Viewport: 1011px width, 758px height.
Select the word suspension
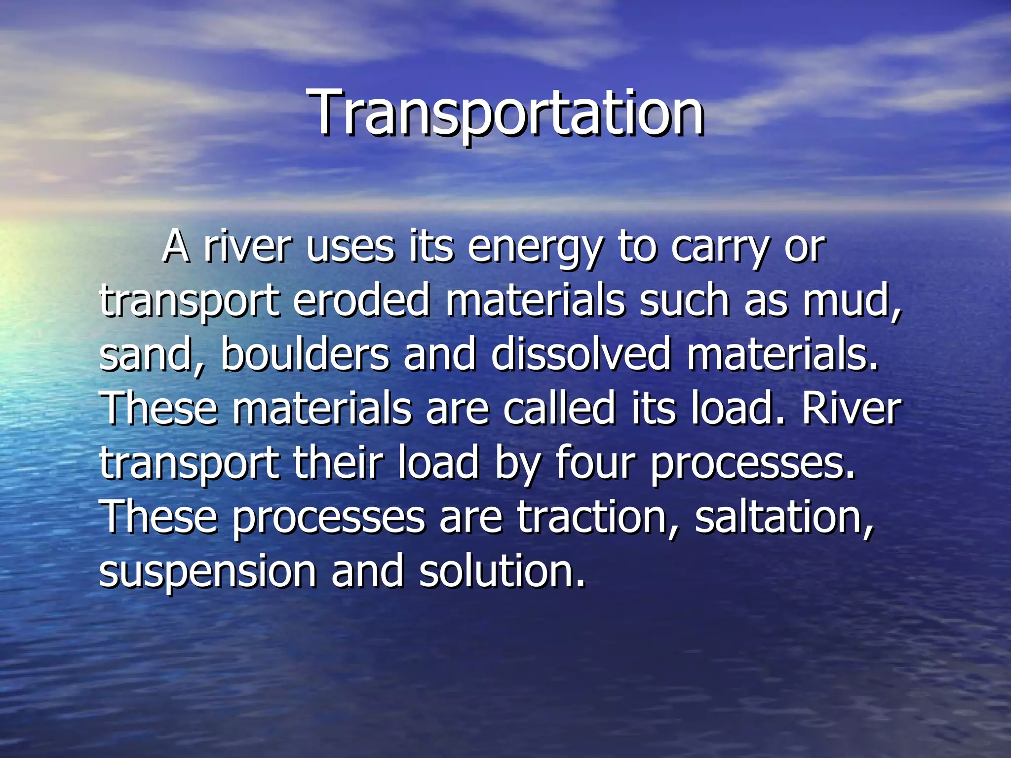tap(207, 572)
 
